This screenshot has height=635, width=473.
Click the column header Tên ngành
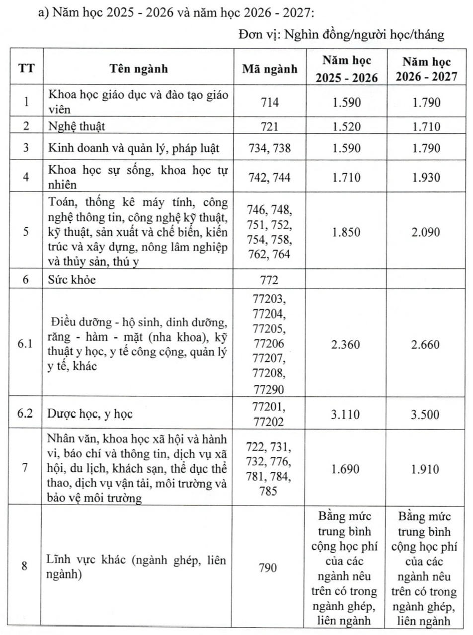pos(139,68)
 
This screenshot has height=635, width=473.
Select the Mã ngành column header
pos(270,68)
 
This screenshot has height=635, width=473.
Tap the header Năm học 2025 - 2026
pos(347,69)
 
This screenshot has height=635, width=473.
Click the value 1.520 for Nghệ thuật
pos(347,127)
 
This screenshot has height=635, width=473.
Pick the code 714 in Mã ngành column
pos(270,103)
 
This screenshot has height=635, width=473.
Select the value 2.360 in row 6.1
pos(347,344)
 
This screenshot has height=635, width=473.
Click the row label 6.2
pos(25,414)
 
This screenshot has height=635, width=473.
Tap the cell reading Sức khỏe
pos(72,280)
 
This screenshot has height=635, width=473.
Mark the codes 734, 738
pos(270,148)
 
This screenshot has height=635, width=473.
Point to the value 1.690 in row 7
pos(347,469)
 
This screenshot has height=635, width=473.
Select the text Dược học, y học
pos(90,414)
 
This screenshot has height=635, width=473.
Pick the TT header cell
pos(26,68)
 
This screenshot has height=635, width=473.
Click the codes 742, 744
pos(270,178)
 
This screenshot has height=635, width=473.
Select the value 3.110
pos(347,415)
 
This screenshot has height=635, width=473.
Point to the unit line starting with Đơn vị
pos(341,35)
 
